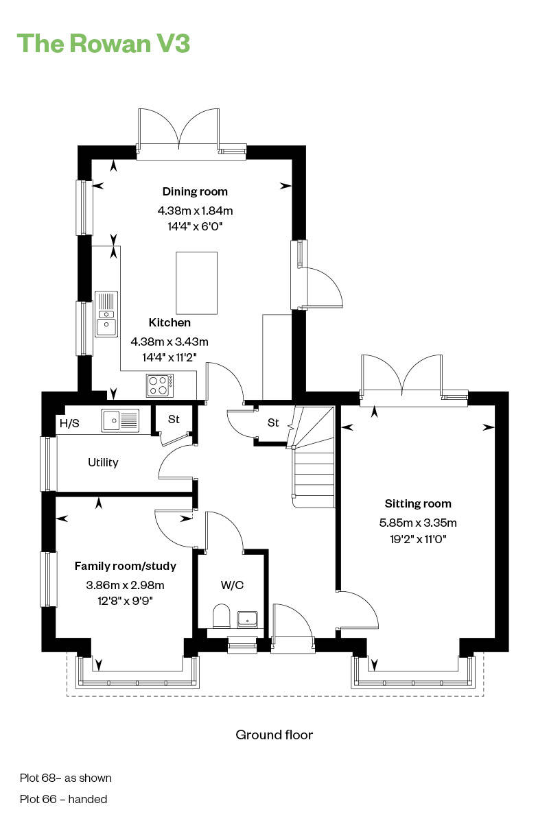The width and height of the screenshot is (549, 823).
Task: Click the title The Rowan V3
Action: [x=103, y=43]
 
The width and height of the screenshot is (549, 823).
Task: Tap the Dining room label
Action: [x=195, y=191]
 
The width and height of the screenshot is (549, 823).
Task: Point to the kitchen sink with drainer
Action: [x=106, y=313]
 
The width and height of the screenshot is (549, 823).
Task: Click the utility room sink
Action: [x=120, y=420]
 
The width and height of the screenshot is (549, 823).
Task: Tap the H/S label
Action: [x=69, y=423]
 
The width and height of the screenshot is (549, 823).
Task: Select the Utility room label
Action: [x=103, y=462]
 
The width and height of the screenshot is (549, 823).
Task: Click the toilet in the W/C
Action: [x=221, y=616]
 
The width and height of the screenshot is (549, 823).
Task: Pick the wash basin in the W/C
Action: [x=247, y=619]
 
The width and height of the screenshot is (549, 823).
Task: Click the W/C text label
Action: [x=232, y=585]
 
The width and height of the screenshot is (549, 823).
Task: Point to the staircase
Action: [x=313, y=456]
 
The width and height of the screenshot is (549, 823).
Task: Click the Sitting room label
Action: [x=418, y=503]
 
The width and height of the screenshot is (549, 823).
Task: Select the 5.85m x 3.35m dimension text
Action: [x=418, y=523]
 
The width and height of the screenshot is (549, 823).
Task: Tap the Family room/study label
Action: [x=126, y=566]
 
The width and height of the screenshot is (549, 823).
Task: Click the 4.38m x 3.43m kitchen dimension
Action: [x=170, y=341]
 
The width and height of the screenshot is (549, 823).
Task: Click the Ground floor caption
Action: [x=274, y=735]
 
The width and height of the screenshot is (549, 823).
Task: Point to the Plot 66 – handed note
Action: [x=63, y=798]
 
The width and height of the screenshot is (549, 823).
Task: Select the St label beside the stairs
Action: [x=273, y=422]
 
